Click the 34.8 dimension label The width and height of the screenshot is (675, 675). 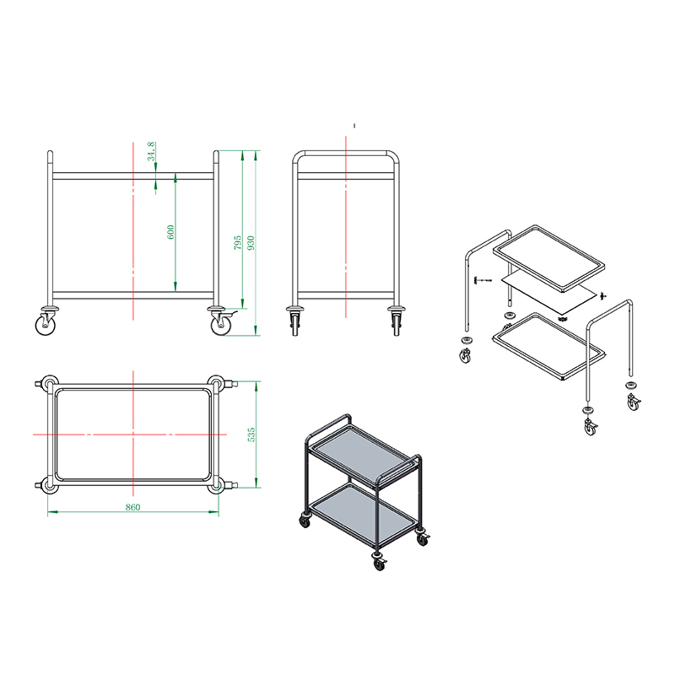[151, 152]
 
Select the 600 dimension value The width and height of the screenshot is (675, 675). [171, 232]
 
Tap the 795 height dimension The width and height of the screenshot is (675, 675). [238, 242]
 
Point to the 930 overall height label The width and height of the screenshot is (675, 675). [251, 242]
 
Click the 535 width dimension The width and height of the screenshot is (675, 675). [251, 435]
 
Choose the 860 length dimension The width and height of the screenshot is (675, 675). [133, 507]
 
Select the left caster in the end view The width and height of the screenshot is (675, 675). [294, 321]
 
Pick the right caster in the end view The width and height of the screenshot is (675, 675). [397, 321]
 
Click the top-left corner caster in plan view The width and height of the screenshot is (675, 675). [48, 383]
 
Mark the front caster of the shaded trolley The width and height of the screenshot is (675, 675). [379, 562]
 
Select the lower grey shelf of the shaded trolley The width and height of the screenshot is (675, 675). [363, 512]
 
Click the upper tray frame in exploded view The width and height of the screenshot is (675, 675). [548, 259]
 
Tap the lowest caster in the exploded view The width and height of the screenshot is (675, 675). [590, 426]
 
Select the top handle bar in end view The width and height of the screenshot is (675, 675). [346, 154]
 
